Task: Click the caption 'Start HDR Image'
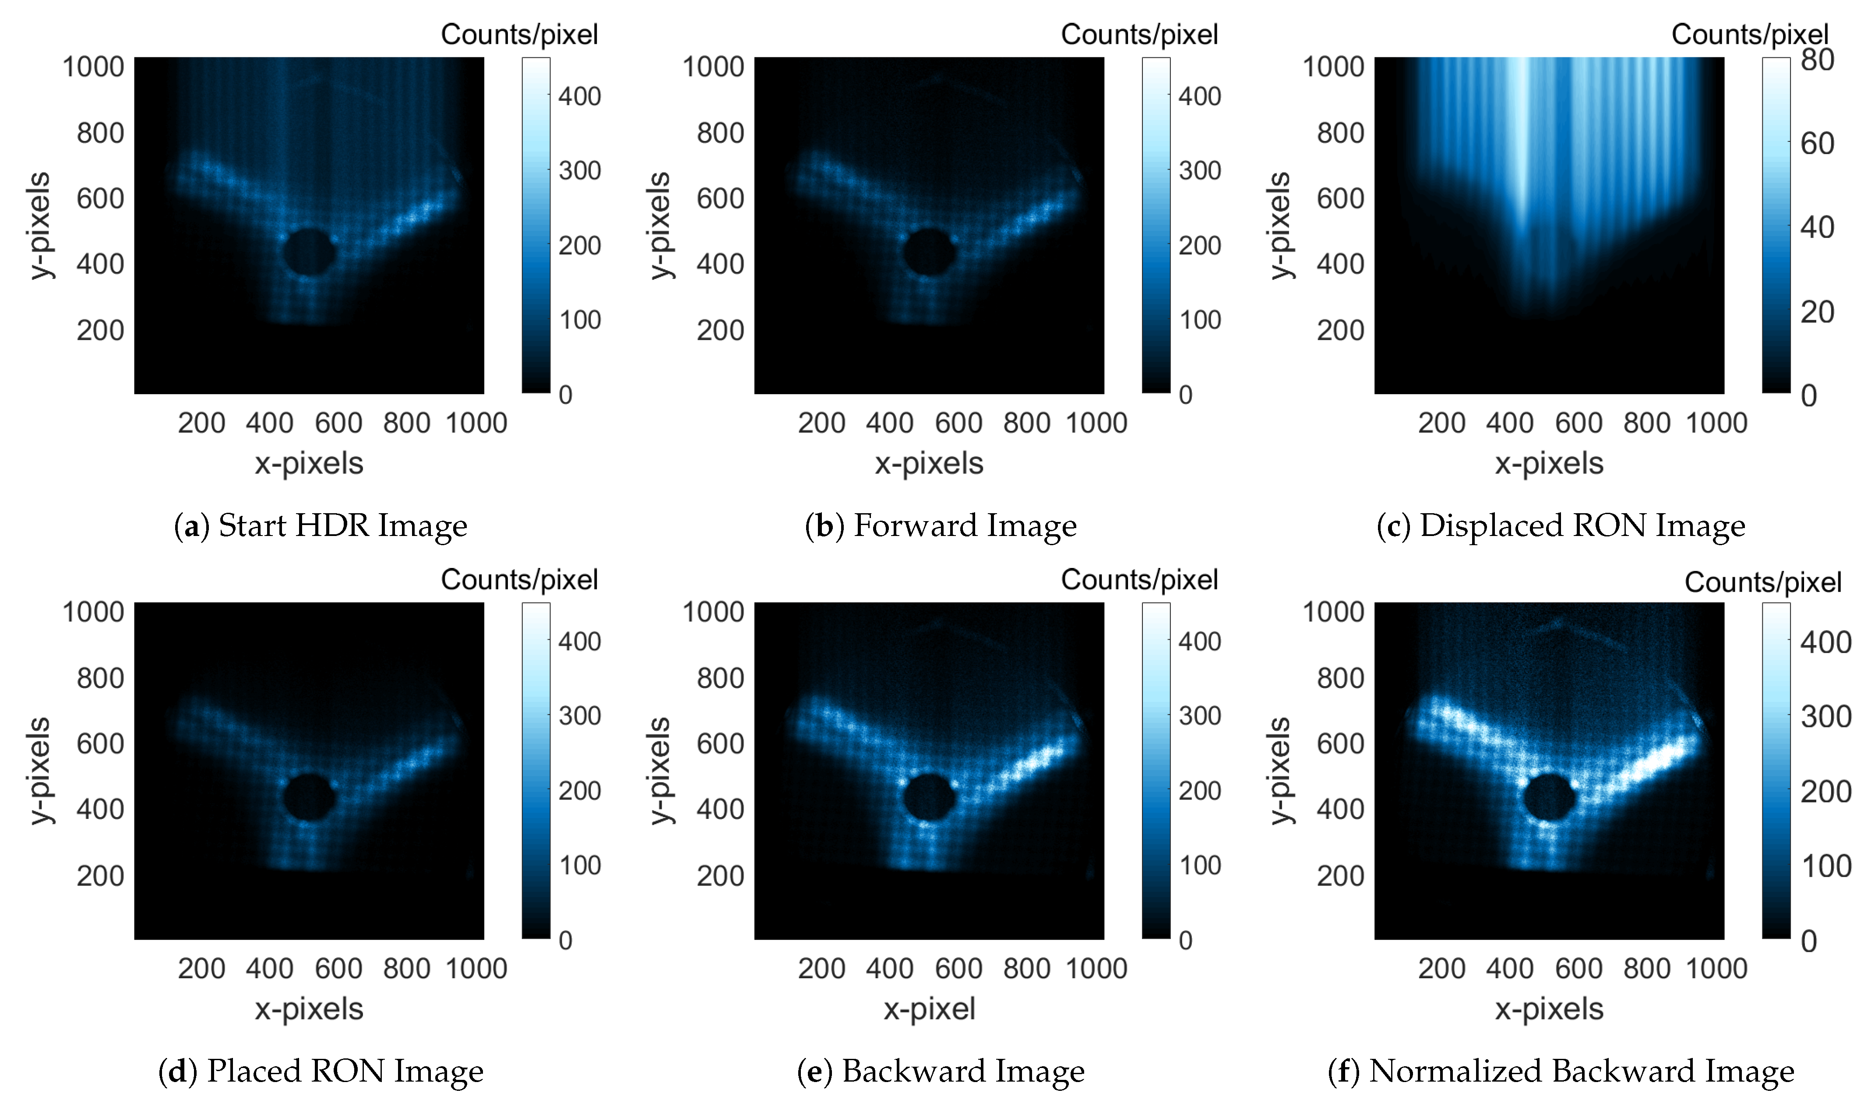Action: (x=342, y=526)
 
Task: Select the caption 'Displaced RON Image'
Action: (x=1582, y=526)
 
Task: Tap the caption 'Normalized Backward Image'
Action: (x=1582, y=1071)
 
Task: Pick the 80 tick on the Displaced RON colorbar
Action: (x=1817, y=60)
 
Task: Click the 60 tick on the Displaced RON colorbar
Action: (x=1817, y=143)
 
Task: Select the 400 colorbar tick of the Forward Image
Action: (x=1199, y=96)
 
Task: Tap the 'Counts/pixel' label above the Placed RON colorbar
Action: (x=519, y=580)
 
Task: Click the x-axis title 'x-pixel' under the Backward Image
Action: (x=929, y=1008)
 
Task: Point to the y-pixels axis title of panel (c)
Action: (x=1279, y=225)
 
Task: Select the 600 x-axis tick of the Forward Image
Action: (x=958, y=423)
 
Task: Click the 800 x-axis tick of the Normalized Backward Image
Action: (x=1646, y=968)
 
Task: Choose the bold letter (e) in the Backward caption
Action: (x=814, y=1071)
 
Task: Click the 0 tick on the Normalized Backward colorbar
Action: (x=1808, y=941)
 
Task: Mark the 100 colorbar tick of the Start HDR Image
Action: (x=579, y=320)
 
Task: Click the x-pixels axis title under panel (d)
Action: (x=309, y=1008)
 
